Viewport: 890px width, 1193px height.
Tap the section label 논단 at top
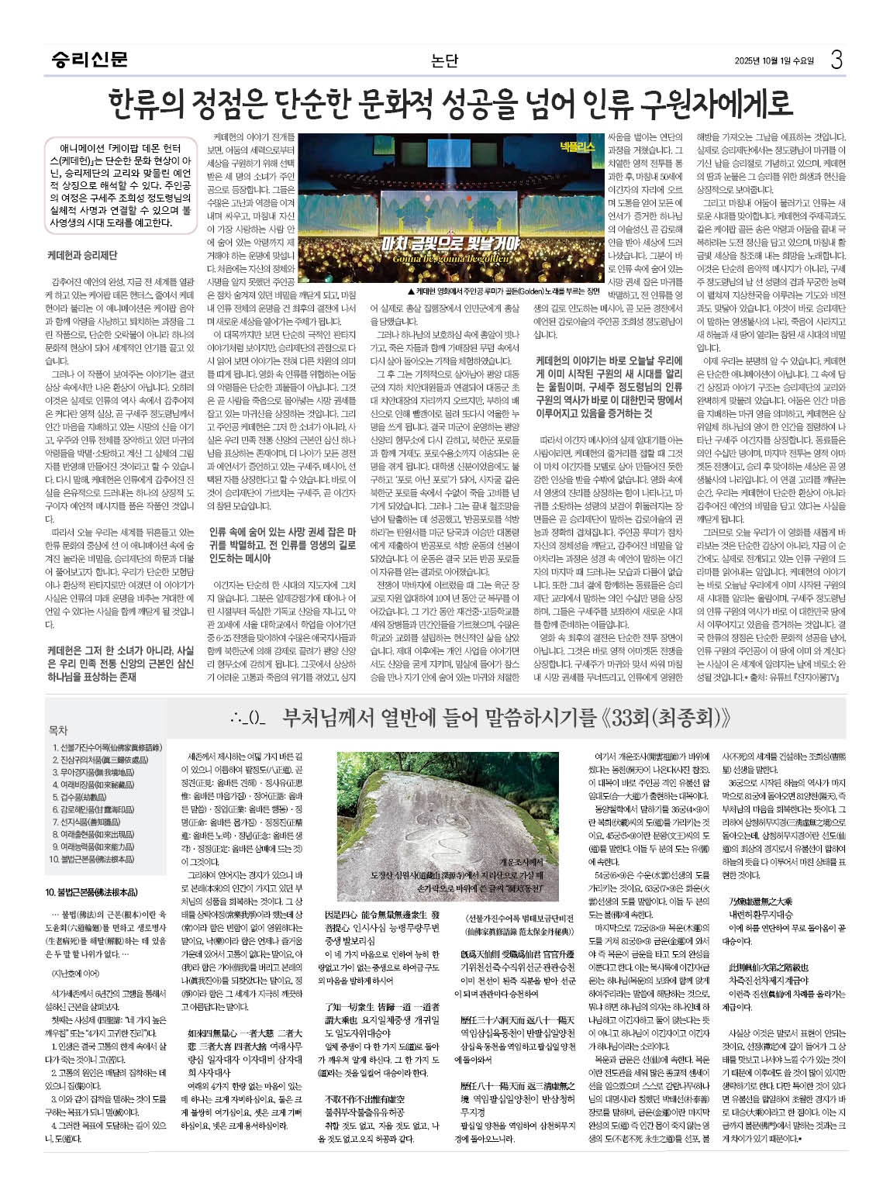click(445, 60)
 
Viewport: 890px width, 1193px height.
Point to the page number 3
click(836, 59)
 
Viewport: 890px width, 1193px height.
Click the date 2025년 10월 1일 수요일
click(774, 60)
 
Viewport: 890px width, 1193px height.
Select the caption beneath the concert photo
click(504, 291)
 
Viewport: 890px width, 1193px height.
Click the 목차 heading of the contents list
click(58, 730)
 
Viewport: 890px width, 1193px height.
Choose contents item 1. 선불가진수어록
click(107, 747)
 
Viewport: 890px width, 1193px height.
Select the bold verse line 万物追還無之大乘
click(760, 902)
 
